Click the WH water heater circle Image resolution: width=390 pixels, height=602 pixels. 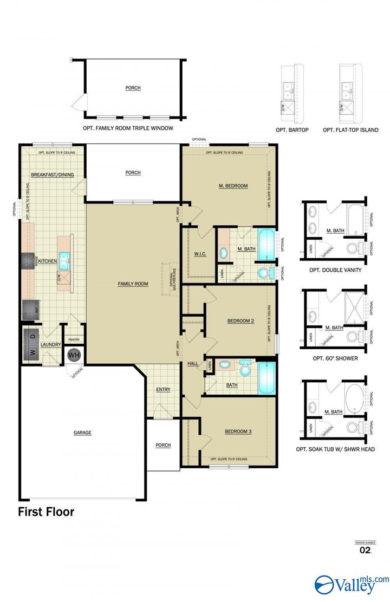[74, 355]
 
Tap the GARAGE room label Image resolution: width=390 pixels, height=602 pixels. [82, 433]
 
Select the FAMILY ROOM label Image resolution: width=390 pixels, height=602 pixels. [133, 284]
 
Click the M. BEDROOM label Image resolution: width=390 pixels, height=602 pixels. [233, 186]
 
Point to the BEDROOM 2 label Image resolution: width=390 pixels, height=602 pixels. [240, 321]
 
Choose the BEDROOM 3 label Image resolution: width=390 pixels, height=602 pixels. [238, 431]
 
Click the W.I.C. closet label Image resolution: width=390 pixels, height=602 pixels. [200, 253]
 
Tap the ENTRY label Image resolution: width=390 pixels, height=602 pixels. [163, 390]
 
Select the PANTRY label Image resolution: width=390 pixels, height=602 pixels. [73, 340]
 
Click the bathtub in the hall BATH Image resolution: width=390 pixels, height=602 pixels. [268, 378]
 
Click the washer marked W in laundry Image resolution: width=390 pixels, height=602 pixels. [32, 352]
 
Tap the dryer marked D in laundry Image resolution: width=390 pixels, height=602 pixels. [32, 336]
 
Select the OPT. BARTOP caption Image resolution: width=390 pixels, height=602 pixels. [292, 130]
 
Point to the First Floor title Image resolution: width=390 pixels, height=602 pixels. [46, 511]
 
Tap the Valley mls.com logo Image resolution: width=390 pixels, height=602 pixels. [352, 584]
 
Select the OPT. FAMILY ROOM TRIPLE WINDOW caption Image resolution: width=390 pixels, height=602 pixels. [128, 128]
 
